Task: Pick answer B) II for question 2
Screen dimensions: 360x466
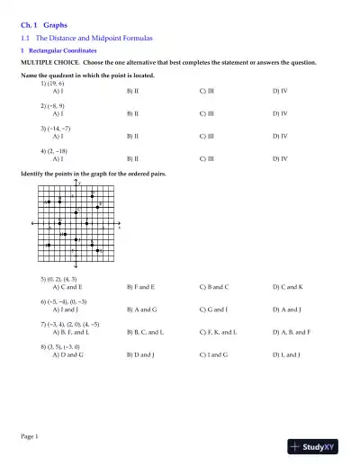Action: [131, 114]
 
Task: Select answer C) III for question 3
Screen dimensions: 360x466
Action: [206, 136]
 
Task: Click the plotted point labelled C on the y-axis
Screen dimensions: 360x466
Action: [76, 212]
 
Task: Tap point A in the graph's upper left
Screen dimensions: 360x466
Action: [49, 202]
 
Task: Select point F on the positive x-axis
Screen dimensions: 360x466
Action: [86, 223]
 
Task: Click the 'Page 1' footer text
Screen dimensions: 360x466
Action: [30, 436]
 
